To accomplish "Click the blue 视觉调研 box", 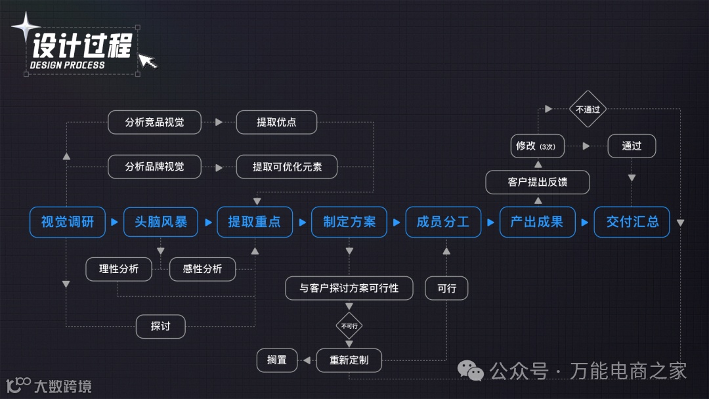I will point(68,222).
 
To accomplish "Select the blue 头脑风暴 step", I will point(161,222).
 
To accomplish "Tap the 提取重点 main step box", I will point(254,222).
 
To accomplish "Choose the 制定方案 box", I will point(349,222).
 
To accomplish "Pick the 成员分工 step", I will point(443,222).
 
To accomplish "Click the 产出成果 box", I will point(537,222).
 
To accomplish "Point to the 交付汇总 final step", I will point(632,222).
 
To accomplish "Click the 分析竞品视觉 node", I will point(154,122).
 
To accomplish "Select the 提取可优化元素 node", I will point(287,167).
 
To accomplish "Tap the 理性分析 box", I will point(119,268).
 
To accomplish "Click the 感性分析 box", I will point(202,268).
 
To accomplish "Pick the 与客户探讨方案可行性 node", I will point(349,288).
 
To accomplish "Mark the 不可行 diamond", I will point(349,325).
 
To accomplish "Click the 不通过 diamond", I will point(588,110).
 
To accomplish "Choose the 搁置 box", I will point(276,360).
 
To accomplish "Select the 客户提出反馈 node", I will point(537,182).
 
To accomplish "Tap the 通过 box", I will point(632,146).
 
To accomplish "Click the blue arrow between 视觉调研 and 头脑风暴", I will point(114,222).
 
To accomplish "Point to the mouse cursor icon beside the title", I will point(148,61).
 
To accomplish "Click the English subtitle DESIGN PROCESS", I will point(67,65).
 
